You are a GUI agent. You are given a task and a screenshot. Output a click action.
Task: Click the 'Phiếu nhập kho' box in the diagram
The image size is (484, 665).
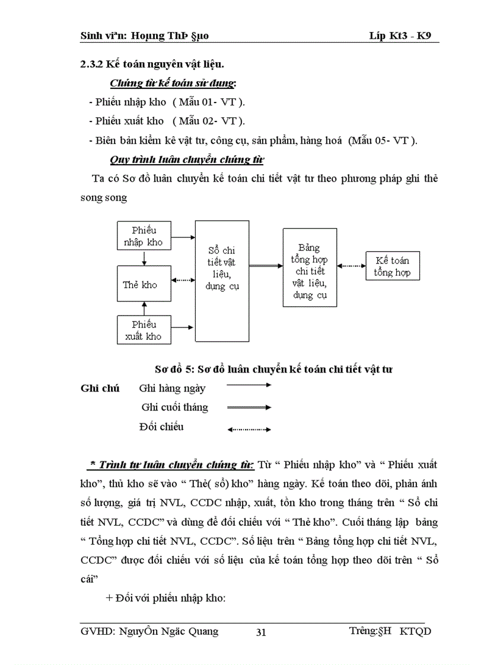143,236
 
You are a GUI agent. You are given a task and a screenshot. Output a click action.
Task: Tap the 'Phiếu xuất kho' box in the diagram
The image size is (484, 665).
143,330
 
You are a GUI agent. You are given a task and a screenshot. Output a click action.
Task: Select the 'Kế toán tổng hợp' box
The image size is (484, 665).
392,266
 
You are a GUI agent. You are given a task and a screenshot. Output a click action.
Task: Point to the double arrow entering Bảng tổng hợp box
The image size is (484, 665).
266,266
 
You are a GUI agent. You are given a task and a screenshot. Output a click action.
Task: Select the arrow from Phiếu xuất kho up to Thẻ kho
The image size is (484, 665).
143,308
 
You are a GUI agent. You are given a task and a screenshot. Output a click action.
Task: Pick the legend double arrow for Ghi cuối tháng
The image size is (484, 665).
249,407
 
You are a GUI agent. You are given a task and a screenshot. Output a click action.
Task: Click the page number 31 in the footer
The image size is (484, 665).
261,632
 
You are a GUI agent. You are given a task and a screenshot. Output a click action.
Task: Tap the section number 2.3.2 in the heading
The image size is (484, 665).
93,65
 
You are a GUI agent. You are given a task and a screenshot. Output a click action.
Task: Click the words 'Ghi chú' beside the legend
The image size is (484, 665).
99,388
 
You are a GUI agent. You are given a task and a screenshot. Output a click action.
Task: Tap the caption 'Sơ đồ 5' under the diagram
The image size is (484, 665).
170,369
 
